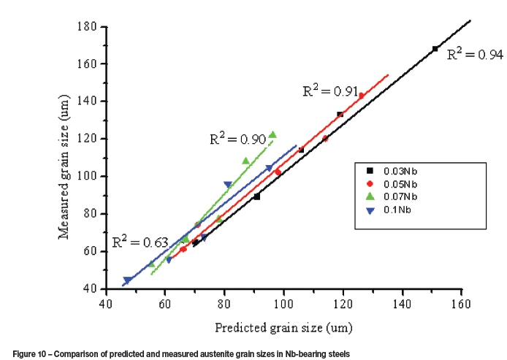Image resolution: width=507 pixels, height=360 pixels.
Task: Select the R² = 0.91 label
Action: tap(330, 91)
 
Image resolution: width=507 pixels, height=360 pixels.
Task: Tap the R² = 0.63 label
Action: tap(140, 242)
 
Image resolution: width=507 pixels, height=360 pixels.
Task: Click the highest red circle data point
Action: tap(361, 96)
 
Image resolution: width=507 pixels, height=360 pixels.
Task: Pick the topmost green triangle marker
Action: tap(272, 134)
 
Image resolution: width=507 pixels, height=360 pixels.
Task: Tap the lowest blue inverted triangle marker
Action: tap(128, 280)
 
